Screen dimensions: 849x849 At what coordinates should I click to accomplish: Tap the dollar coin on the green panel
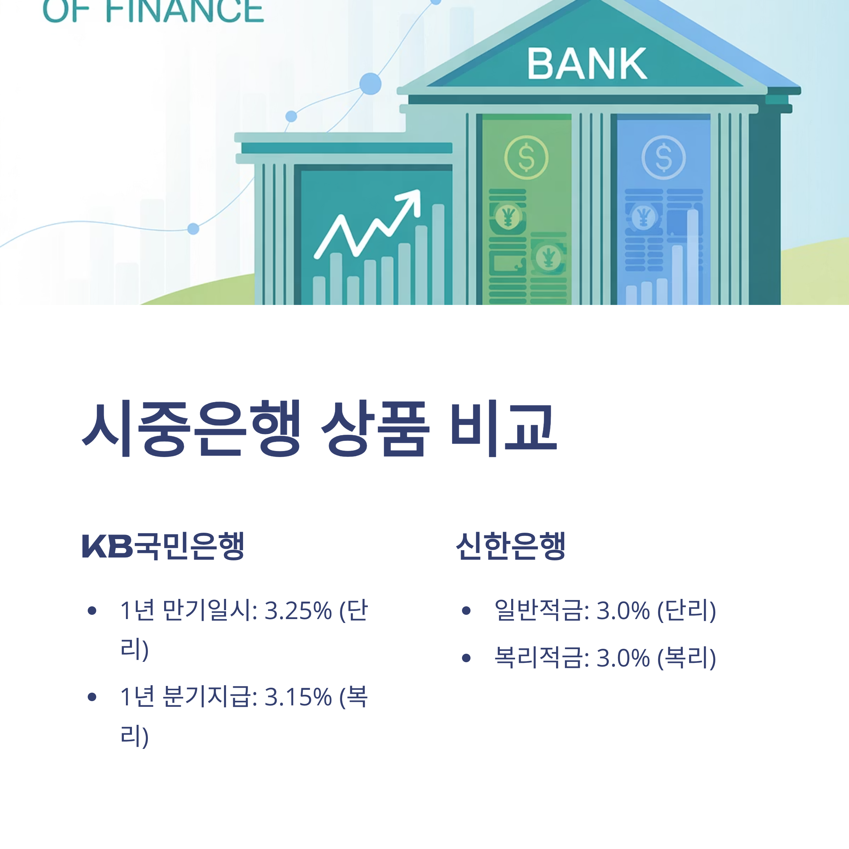[x=526, y=157]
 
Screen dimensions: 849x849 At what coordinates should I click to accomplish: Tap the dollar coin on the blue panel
[x=663, y=157]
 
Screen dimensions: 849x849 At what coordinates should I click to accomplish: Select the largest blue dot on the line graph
[x=370, y=83]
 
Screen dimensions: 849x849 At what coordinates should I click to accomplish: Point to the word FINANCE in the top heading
[x=185, y=11]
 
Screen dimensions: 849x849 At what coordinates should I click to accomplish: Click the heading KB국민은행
[x=163, y=546]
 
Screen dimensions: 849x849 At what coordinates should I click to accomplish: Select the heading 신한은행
[x=510, y=546]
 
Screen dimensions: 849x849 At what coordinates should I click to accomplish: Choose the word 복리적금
[x=541, y=658]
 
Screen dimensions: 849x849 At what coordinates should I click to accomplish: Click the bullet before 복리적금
[x=466, y=658]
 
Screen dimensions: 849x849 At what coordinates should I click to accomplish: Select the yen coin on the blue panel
[x=643, y=216]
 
